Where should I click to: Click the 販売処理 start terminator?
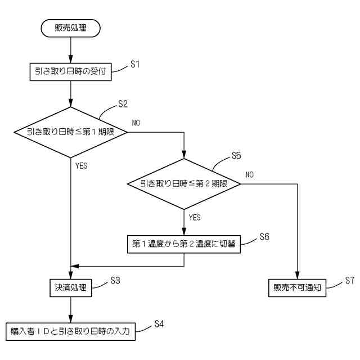click(x=71, y=28)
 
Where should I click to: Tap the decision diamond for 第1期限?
click(x=71, y=132)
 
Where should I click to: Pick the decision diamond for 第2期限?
click(x=184, y=183)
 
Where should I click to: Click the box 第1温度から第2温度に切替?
click(x=184, y=244)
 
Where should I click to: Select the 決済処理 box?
click(x=71, y=287)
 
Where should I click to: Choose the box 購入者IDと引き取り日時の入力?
click(x=71, y=331)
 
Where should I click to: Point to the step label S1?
click(x=134, y=64)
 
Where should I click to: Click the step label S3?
click(x=116, y=280)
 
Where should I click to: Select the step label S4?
click(x=160, y=324)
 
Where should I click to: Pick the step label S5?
click(x=237, y=155)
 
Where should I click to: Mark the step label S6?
click(x=264, y=237)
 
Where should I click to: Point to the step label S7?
click(x=349, y=280)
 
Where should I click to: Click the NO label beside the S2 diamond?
click(x=137, y=123)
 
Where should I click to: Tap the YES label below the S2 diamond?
click(x=81, y=166)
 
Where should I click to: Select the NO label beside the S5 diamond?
click(x=249, y=174)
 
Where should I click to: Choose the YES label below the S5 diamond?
click(x=195, y=217)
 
